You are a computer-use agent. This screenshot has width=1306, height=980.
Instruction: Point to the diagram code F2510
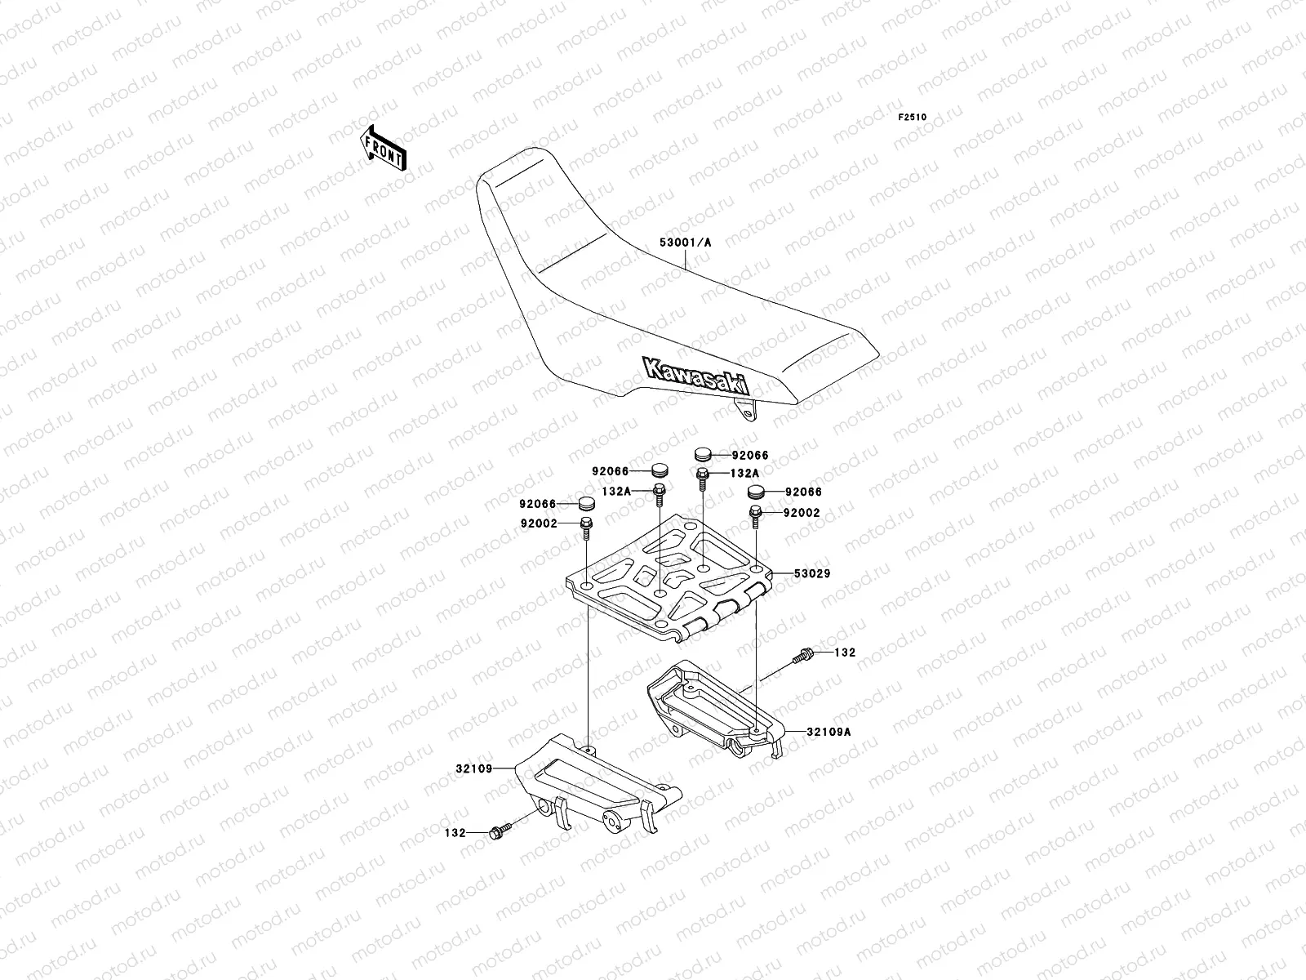(913, 118)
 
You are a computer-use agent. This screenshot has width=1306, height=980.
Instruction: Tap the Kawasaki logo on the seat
(696, 377)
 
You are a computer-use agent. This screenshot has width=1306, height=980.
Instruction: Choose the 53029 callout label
(811, 573)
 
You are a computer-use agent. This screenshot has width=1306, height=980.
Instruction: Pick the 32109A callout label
(829, 732)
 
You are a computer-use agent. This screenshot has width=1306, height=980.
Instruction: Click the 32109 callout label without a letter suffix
(474, 768)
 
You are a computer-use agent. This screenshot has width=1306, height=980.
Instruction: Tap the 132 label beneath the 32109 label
(455, 833)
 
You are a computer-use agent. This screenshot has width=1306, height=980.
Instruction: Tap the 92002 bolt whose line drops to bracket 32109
(585, 526)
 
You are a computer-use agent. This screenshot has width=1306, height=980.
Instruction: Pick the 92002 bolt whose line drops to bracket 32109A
(757, 515)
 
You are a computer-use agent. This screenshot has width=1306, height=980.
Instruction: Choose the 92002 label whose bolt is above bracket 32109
(536, 523)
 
